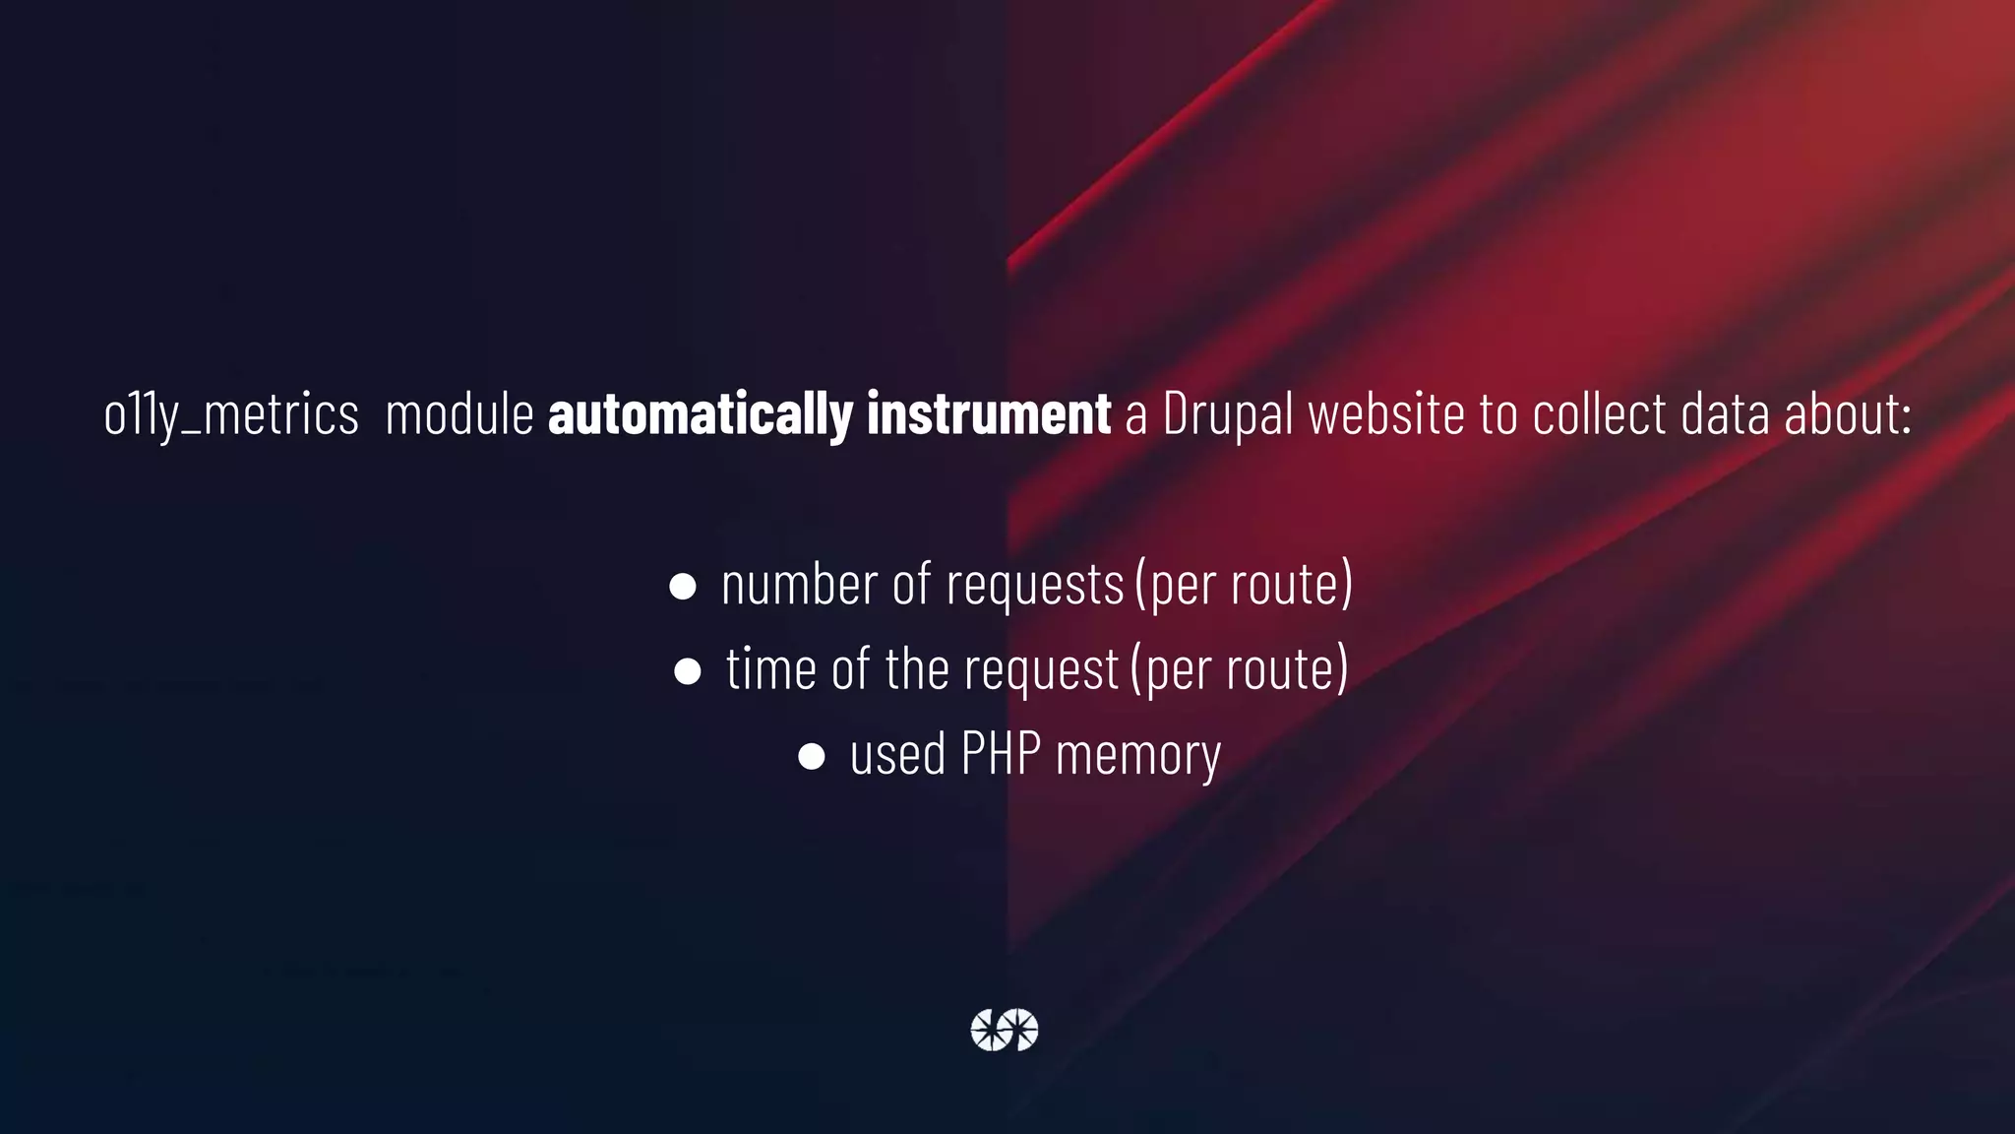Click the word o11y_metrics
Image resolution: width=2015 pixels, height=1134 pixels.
point(231,414)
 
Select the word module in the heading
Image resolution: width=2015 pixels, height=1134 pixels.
point(459,414)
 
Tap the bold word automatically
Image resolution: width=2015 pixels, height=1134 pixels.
point(700,414)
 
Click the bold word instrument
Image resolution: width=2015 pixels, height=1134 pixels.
point(988,414)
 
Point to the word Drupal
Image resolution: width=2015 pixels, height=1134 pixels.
point(1227,414)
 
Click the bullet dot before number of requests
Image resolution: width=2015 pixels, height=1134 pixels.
point(683,587)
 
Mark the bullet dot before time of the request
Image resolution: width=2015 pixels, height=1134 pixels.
point(688,671)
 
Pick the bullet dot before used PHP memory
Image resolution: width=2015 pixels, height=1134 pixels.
point(812,756)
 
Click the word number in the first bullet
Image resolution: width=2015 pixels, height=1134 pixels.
point(799,584)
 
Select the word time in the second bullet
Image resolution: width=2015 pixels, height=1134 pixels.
point(771,669)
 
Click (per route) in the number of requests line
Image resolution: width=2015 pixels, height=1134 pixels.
point(1244,584)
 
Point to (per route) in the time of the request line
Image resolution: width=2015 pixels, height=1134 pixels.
point(1240,669)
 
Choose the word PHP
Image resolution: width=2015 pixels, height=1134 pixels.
point(1001,754)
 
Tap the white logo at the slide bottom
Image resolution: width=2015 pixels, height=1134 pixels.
point(1005,1030)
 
